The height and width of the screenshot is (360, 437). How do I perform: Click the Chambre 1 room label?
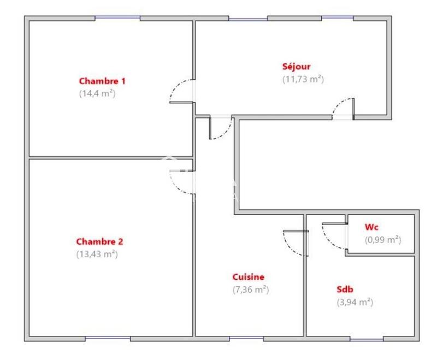coord(102,81)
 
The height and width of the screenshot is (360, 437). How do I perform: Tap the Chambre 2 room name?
coord(99,241)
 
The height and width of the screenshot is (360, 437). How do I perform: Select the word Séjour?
coord(296,67)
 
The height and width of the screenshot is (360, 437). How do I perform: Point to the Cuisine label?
coord(249,277)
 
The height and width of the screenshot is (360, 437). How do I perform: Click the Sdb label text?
coord(344,290)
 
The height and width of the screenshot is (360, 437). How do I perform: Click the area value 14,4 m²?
coord(97,93)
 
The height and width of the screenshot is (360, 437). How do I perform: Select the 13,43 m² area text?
coord(97,253)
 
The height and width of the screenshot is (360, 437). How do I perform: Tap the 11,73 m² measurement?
coord(303,79)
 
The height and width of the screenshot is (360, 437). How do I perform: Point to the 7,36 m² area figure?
coord(251,290)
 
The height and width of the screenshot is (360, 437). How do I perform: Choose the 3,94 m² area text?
coord(355,302)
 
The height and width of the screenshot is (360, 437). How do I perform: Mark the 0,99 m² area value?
coord(383,239)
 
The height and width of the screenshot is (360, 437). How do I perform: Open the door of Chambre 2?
coord(180,182)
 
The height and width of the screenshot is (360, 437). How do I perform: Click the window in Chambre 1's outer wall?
coord(117,18)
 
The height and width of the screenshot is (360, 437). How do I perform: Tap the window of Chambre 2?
coord(108,339)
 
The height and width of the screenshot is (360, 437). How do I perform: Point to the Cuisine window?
coord(246,339)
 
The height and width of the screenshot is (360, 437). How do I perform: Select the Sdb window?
coord(367,339)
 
